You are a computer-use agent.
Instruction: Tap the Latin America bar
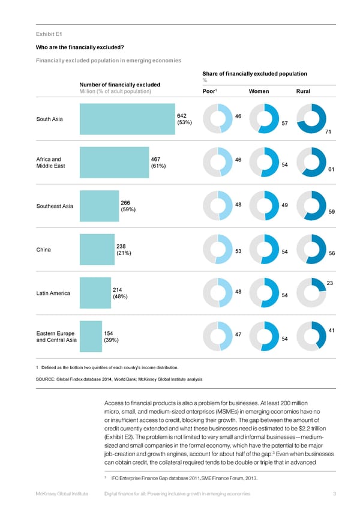click(x=95, y=294)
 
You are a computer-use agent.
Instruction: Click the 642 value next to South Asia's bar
click(x=182, y=115)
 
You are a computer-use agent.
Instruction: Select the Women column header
click(x=258, y=91)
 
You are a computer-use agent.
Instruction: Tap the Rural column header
click(x=303, y=91)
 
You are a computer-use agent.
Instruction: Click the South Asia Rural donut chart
click(x=311, y=119)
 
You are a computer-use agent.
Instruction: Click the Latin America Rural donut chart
click(x=311, y=293)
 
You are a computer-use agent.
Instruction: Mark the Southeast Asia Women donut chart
click(x=264, y=206)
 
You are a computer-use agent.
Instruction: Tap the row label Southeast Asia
click(x=55, y=206)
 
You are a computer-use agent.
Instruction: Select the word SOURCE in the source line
click(x=49, y=379)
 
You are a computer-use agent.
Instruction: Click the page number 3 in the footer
click(x=334, y=493)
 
